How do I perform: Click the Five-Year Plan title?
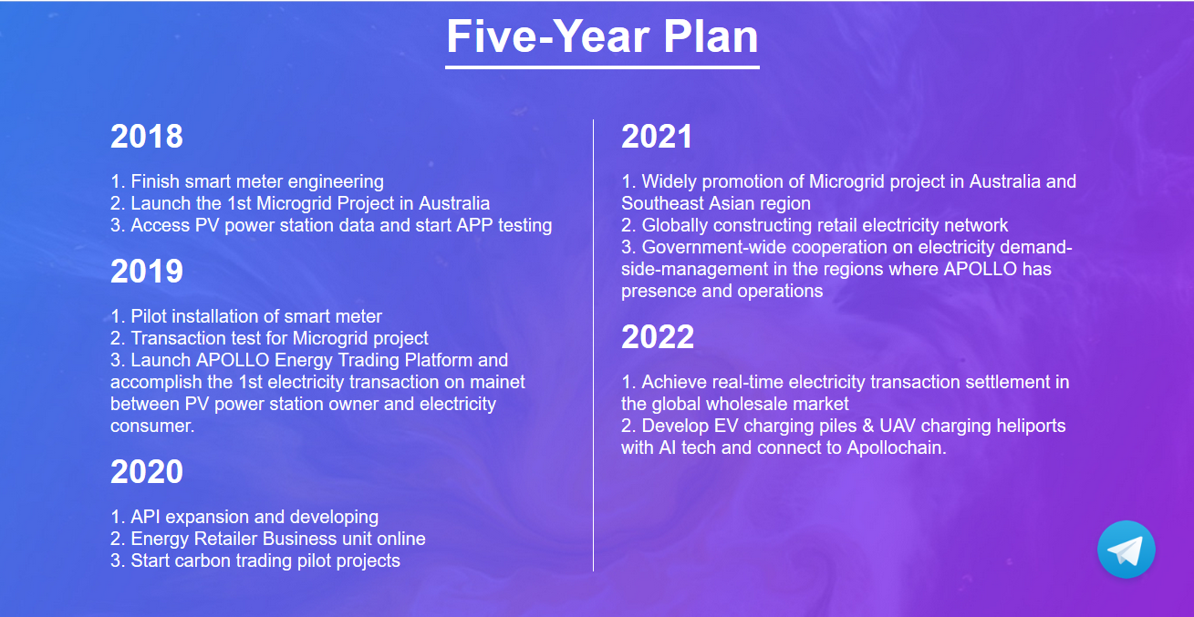pyautogui.click(x=602, y=36)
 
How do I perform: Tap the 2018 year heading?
pyautogui.click(x=147, y=137)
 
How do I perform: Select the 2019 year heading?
pyautogui.click(x=147, y=271)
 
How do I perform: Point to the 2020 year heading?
pyautogui.click(x=147, y=471)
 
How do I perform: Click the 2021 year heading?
pyautogui.click(x=657, y=137)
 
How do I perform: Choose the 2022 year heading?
pyautogui.click(x=658, y=336)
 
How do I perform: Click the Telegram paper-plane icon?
pyautogui.click(x=1127, y=550)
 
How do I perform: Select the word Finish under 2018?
pyautogui.click(x=155, y=181)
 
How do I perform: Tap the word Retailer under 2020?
pyautogui.click(x=225, y=539)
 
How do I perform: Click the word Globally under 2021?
pyautogui.click(x=675, y=225)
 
